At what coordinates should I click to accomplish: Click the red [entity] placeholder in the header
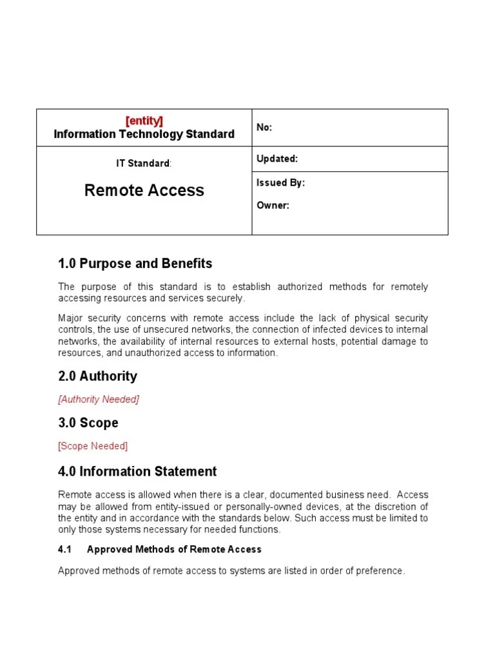(144, 121)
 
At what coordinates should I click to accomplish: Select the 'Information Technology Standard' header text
(144, 134)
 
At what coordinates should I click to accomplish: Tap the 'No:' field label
(264, 128)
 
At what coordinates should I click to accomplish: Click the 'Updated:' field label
(277, 159)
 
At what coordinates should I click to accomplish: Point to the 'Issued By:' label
(280, 183)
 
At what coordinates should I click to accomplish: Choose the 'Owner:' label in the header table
(273, 206)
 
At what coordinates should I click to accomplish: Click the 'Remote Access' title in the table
(144, 190)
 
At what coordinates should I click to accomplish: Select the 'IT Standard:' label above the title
(144, 164)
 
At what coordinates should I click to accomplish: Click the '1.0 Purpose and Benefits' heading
(135, 264)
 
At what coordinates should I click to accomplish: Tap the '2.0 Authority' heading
(97, 376)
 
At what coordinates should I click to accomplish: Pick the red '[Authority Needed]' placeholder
(99, 400)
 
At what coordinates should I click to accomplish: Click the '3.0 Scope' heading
(88, 423)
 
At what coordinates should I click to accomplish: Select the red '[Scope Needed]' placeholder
(93, 446)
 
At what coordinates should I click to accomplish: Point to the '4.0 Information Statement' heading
(137, 472)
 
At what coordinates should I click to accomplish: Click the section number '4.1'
(65, 550)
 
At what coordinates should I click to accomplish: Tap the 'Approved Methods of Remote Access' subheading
(174, 550)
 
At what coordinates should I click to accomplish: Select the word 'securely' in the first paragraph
(227, 298)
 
